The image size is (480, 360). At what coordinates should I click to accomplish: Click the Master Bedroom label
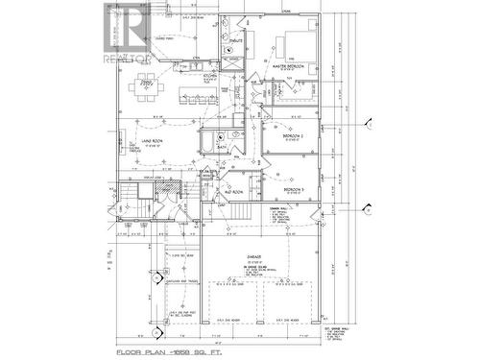[288, 65]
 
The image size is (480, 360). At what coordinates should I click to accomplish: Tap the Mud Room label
[233, 192]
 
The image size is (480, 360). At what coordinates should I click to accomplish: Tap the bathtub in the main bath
[207, 143]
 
